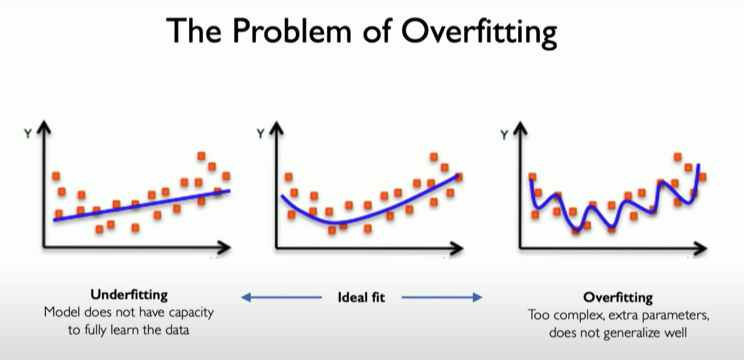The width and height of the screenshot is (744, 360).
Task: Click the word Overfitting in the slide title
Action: click(x=479, y=32)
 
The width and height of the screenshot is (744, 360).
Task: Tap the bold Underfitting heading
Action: click(x=129, y=295)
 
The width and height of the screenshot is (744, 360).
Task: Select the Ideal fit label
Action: click(x=361, y=298)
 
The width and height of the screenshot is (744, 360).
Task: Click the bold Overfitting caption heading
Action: click(x=618, y=298)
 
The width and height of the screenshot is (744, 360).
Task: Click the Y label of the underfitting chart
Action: click(x=28, y=134)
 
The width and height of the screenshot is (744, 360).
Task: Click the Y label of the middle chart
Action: click(x=260, y=134)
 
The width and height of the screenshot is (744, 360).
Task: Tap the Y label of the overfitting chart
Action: click(x=504, y=135)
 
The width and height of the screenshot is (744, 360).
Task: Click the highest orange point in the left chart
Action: click(x=201, y=156)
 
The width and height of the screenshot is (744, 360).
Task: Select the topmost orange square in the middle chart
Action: click(x=434, y=157)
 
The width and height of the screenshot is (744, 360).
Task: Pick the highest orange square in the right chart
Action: click(x=678, y=157)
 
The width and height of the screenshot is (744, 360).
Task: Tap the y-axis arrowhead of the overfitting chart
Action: click(x=520, y=128)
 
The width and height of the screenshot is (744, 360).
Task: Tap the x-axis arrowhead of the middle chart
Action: click(x=457, y=248)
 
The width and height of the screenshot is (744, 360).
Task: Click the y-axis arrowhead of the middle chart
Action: click(x=277, y=128)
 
